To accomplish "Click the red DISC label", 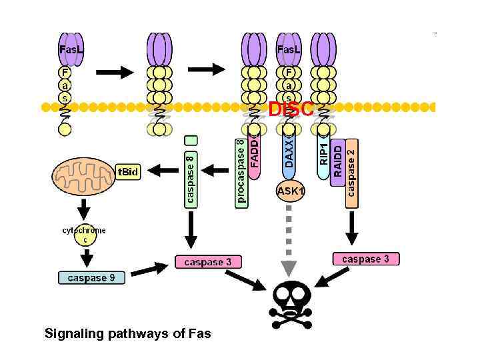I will click(291, 110).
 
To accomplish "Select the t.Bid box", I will click(128, 172).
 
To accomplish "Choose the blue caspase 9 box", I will click(91, 277).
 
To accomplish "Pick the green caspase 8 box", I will click(191, 177).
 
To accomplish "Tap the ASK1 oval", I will click(290, 192).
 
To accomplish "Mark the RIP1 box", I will click(323, 154).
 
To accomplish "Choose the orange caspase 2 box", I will click(351, 171).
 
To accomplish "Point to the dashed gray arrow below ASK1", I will click(289, 240).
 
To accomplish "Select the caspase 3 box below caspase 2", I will click(365, 259).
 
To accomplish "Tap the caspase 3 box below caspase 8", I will click(208, 262).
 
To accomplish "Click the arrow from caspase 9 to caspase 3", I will click(150, 269).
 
